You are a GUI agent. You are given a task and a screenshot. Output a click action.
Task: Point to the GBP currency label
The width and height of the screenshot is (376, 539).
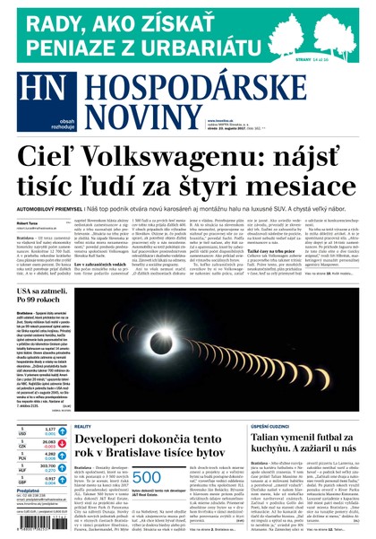pyautogui.click(x=23, y=480)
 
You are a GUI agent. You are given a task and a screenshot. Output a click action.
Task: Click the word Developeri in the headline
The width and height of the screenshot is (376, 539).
pyautogui.click(x=117, y=439)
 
